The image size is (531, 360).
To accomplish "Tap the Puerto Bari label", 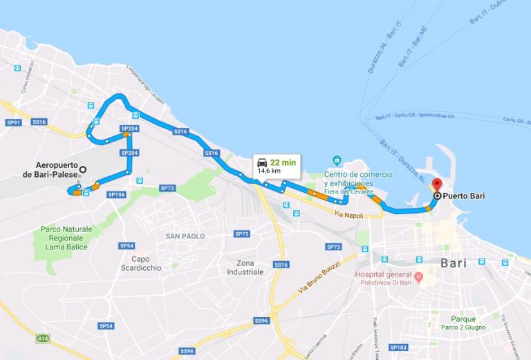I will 464,196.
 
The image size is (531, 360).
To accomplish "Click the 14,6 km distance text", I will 269,170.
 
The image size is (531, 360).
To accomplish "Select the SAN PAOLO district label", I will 185,236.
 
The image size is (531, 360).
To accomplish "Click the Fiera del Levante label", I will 353,191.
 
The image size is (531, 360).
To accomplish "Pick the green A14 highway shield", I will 43,339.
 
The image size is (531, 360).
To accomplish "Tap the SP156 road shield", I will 115,195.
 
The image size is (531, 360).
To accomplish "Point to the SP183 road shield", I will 398,347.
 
